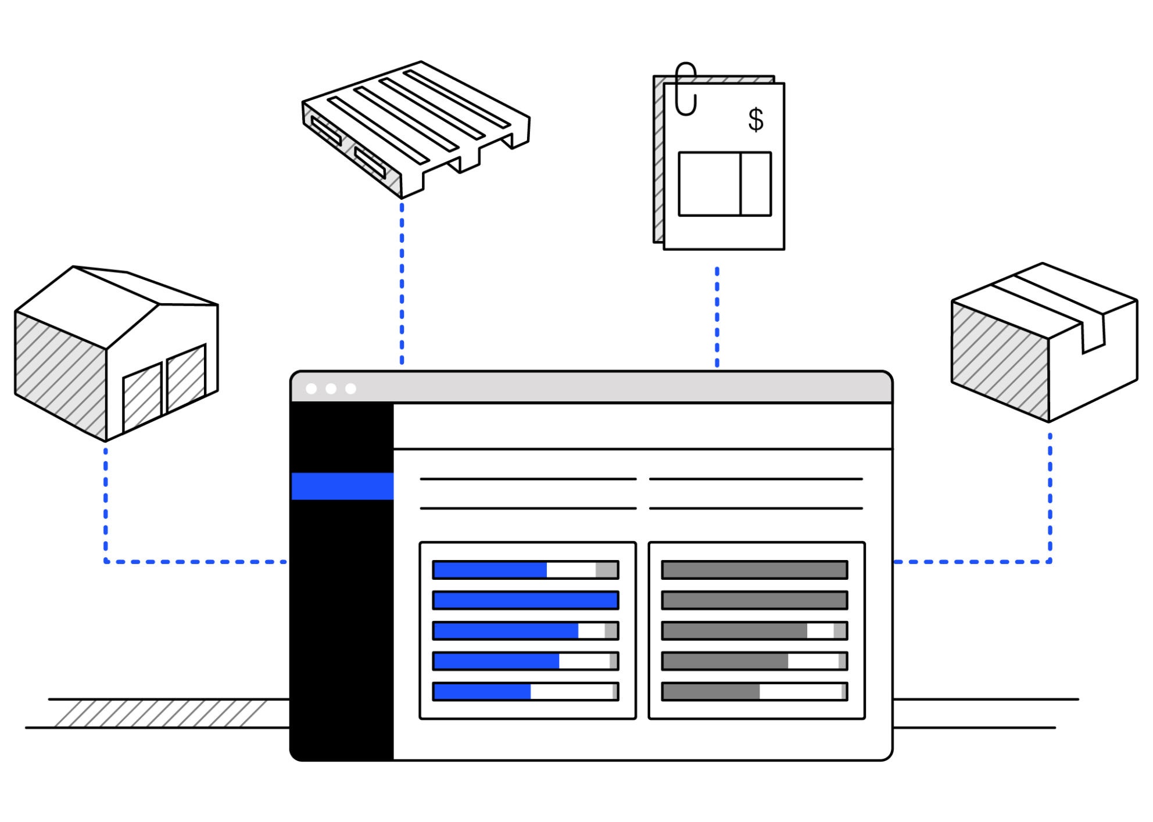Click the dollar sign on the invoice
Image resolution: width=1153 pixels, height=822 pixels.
pos(755,120)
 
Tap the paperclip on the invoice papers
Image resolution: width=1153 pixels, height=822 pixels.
pos(686,89)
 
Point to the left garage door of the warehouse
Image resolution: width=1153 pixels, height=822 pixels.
pos(142,396)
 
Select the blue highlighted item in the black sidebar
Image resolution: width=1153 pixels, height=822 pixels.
pos(342,486)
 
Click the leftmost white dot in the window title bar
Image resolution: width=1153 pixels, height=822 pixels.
pos(311,389)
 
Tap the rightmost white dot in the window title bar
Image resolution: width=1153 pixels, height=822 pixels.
pos(350,389)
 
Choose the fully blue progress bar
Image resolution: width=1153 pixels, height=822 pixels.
pos(525,600)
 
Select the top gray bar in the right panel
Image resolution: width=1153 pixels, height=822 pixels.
pos(754,570)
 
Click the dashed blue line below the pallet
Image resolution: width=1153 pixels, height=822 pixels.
pos(402,285)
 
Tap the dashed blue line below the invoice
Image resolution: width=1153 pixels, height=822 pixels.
pos(717,317)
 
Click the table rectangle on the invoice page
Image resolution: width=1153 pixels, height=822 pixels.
pos(725,184)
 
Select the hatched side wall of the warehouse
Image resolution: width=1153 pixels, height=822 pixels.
pos(60,375)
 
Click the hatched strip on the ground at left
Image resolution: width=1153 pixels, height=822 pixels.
pos(160,713)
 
